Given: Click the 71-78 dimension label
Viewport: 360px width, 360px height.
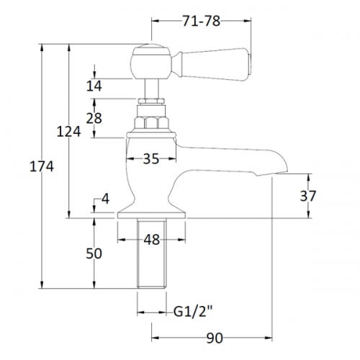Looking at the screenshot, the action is [201, 21].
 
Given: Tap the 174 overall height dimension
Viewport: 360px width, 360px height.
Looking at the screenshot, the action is [42, 166].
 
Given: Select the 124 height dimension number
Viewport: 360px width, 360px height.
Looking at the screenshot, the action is [68, 132].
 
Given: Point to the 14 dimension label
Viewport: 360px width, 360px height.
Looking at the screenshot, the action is [94, 86].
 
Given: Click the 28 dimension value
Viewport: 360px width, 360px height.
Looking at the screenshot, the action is [94, 118].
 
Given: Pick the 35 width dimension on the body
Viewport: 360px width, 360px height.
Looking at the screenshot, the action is [151, 158].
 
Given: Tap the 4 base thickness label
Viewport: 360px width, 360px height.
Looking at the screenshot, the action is [105, 199].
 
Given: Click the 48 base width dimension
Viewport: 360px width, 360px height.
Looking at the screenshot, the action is [152, 240].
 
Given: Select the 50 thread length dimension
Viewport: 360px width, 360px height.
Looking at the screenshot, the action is [94, 253].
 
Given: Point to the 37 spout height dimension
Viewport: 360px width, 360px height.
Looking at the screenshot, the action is [308, 196].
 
